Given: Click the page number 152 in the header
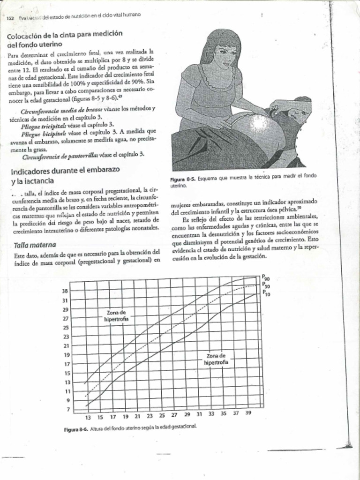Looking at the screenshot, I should [9, 19].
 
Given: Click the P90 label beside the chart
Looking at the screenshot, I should [265, 277].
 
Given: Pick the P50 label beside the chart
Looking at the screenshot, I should [265, 285].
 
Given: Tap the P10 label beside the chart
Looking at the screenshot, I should [265, 293].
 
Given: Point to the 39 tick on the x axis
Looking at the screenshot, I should [248, 414].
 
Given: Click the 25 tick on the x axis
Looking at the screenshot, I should [162, 416].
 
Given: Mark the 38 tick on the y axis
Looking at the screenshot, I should [66, 291].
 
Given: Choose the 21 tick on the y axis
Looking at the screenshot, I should [66, 346].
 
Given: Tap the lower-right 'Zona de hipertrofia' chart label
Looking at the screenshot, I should [216, 359].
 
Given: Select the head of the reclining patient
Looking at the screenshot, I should [298, 110].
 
